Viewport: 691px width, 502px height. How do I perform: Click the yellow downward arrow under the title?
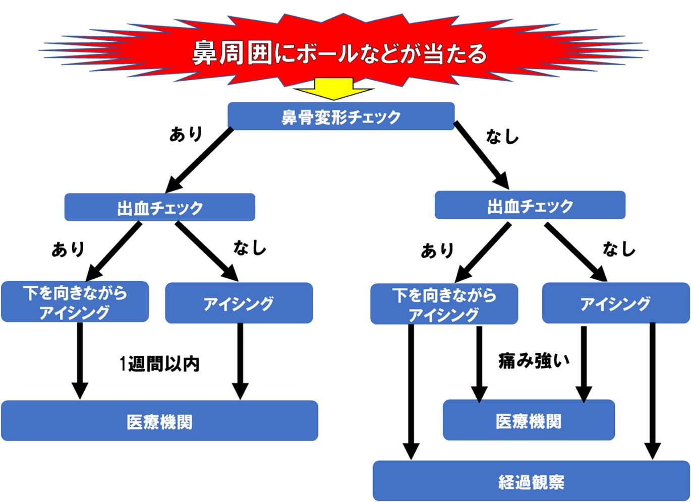coord(333,89)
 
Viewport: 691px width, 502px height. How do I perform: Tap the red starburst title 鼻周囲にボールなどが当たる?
coord(339,52)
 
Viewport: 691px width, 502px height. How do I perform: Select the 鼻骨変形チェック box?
coord(341,116)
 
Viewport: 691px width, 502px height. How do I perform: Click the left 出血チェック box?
coord(159,207)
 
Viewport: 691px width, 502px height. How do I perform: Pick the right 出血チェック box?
coord(530,205)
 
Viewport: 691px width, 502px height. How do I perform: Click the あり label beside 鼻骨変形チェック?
coord(186,134)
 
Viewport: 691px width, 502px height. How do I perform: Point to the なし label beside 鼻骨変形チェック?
coord(502,137)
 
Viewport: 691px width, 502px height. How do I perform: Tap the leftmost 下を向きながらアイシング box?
coord(75,302)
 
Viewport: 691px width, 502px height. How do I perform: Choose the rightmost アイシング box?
coord(615,303)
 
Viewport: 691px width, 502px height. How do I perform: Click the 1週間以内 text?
coord(159,363)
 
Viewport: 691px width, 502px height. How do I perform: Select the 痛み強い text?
coord(534,360)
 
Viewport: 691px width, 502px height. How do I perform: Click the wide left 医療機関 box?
coord(159,421)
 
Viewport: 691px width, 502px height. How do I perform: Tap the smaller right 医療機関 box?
coord(529,420)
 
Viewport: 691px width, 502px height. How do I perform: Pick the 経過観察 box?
coord(531,481)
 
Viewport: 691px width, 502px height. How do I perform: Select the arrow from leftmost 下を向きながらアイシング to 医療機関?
coord(80,360)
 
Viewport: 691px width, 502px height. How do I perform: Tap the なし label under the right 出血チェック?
coord(619,249)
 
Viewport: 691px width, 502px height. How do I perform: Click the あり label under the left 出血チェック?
coord(68,249)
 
